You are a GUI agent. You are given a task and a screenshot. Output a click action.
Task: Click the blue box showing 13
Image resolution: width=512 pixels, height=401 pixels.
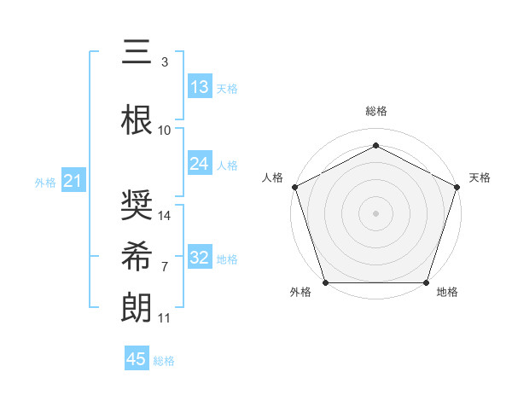click(200, 87)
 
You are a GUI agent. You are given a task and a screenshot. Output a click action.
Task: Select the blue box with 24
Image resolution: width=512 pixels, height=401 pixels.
click(200, 164)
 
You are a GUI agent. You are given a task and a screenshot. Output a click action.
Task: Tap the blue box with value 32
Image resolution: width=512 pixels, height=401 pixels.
click(200, 258)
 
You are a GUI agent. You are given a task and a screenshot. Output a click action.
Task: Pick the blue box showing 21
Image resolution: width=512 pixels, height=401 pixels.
click(73, 182)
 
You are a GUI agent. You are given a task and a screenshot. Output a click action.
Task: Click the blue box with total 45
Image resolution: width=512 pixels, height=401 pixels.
click(137, 359)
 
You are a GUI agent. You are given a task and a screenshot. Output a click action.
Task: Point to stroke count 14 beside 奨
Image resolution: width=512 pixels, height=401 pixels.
click(166, 216)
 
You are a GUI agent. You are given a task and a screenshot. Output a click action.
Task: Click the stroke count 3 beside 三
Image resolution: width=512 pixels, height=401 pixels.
click(165, 62)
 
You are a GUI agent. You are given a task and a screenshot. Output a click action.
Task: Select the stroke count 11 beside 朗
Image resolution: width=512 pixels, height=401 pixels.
click(165, 318)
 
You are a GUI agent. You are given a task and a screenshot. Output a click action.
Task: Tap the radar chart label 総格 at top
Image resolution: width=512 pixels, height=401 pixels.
click(375, 111)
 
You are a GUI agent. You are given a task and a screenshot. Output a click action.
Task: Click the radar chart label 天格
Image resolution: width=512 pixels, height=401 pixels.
click(480, 177)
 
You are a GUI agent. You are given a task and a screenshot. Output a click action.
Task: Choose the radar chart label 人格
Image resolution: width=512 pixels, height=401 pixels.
click(273, 177)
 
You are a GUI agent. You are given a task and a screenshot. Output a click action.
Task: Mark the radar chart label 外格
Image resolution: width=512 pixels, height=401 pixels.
click(300, 292)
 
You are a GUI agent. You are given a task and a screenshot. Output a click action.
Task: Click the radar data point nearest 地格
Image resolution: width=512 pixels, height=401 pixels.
click(426, 282)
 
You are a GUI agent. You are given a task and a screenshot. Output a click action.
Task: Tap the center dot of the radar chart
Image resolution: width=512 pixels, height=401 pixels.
click(375, 212)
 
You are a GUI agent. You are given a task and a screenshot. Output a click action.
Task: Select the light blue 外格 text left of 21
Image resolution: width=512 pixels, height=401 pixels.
click(44, 183)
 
